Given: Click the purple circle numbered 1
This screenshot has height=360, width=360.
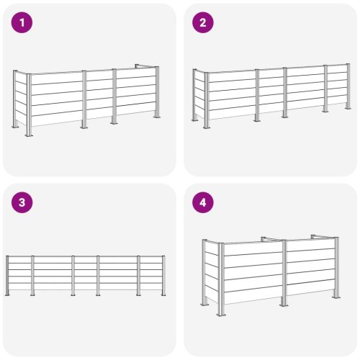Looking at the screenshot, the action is pos(22,22).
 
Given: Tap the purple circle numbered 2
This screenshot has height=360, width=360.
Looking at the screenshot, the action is pos(203,22).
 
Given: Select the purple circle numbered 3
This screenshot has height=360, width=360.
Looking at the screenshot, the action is pos(22,202).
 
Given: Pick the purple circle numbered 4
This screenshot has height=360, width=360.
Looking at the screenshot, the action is pos(203,202).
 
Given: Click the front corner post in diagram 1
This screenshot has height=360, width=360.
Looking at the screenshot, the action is pos(29,105).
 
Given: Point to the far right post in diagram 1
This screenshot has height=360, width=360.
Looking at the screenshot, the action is pos(157,92).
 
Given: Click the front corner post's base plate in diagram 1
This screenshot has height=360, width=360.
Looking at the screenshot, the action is pos(29,135).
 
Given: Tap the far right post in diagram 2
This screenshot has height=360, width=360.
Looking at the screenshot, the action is pos(348,86).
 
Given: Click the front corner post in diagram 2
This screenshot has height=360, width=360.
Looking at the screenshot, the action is pos(207,100).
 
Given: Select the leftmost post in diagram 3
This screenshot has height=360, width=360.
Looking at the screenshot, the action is pos(7,276).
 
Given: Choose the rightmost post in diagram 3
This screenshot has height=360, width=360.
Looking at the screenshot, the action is pos(163,276).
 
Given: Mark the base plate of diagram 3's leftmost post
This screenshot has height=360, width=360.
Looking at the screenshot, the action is pos(7,294).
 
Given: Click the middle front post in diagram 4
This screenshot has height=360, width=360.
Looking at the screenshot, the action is pos(284,273).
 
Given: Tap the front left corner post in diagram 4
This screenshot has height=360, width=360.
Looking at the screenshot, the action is pos(221,279).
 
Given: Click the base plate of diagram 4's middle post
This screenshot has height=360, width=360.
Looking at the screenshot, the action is pos(284,305).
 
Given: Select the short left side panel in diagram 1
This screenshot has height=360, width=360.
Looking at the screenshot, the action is pos(21,99).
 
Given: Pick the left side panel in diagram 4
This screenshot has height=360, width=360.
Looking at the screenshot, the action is pos(212,273).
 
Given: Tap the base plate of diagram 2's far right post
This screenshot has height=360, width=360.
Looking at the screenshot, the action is pos(348,108).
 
